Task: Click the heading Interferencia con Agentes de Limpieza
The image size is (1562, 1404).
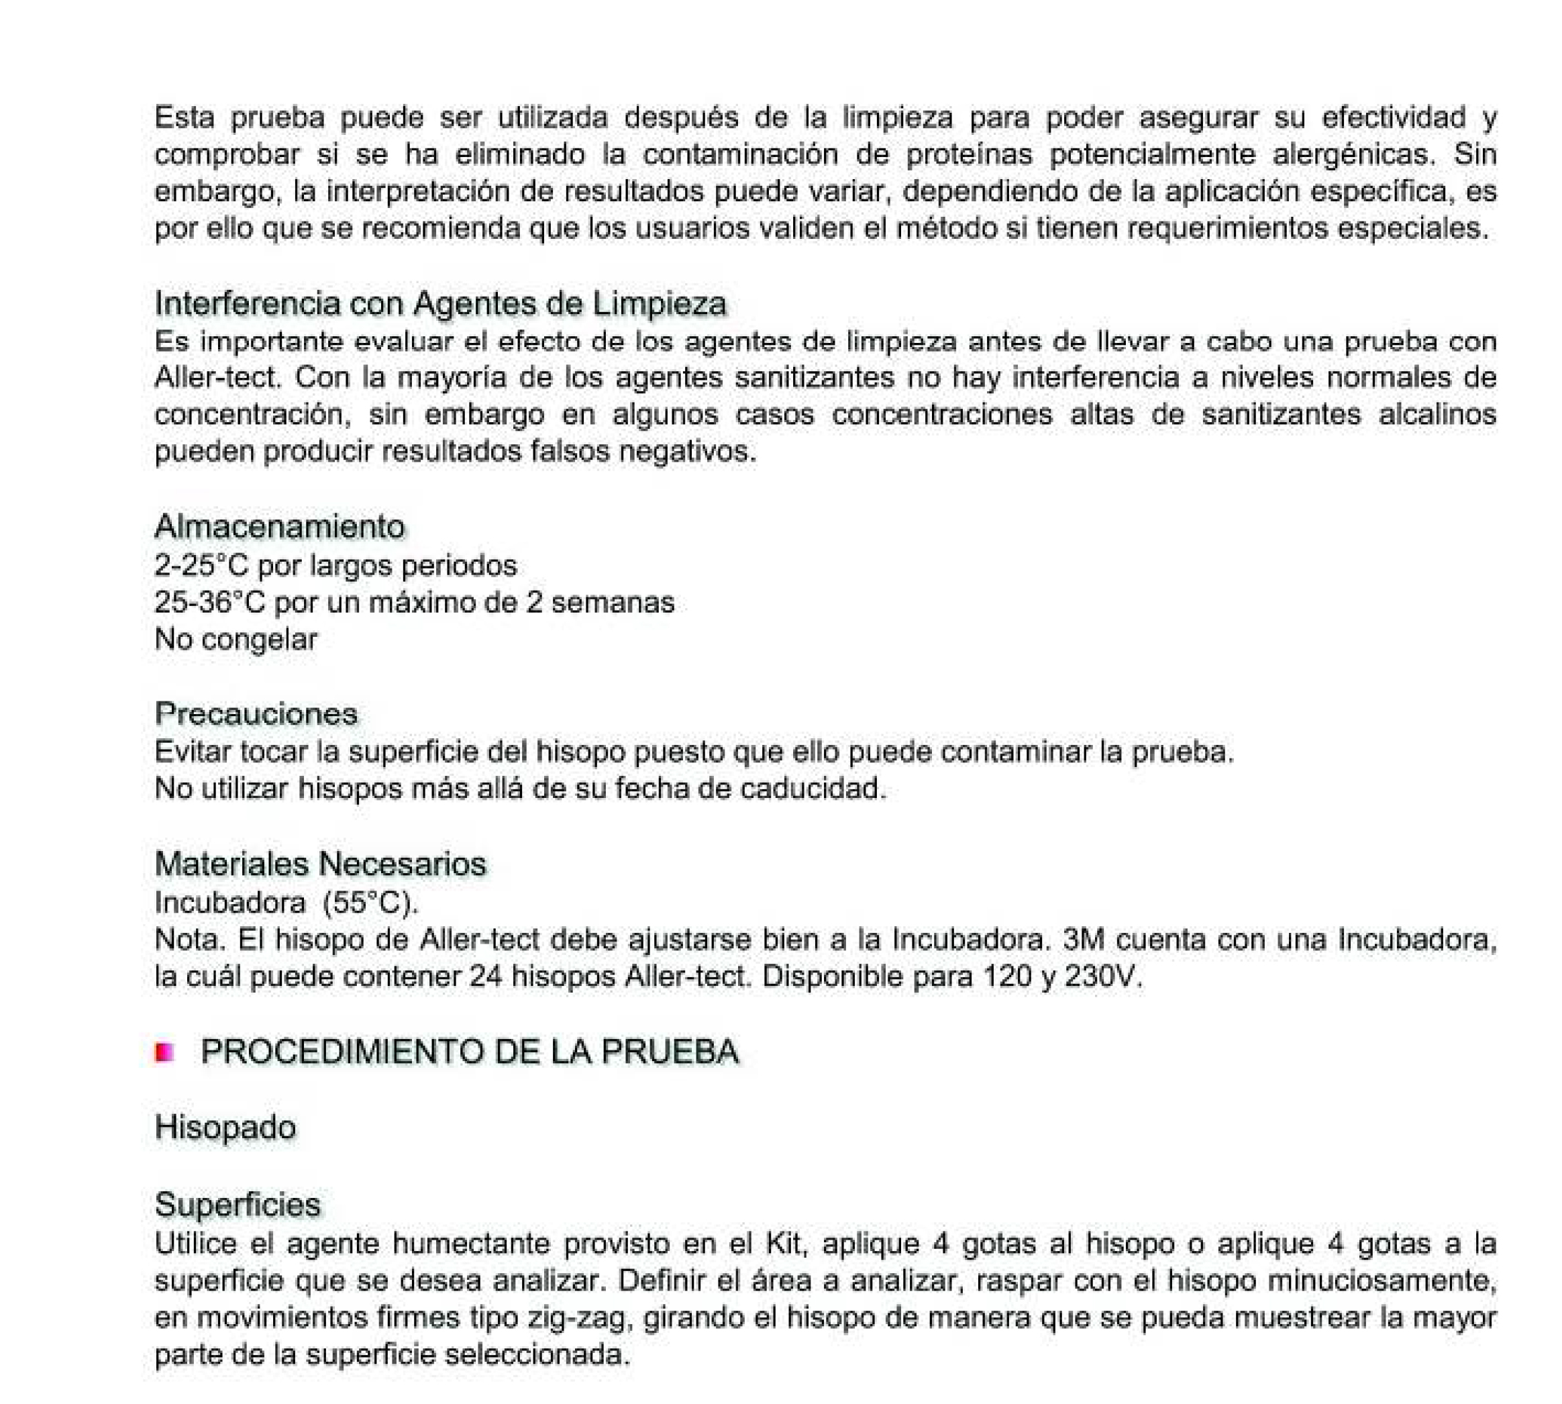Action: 440,303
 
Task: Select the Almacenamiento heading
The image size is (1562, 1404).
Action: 279,526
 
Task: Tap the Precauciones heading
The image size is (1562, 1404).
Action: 256,713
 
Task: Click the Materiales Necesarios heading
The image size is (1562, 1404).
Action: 320,863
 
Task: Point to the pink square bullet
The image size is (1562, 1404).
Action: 164,1052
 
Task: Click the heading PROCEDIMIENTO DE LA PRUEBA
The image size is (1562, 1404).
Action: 470,1052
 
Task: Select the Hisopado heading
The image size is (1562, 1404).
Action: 225,1127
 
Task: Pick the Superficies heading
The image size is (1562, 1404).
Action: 238,1204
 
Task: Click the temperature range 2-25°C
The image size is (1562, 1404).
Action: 201,566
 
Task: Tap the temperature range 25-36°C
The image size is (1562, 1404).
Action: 210,603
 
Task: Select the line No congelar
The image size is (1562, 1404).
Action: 236,640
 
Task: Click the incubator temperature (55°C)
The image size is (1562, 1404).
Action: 370,902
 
